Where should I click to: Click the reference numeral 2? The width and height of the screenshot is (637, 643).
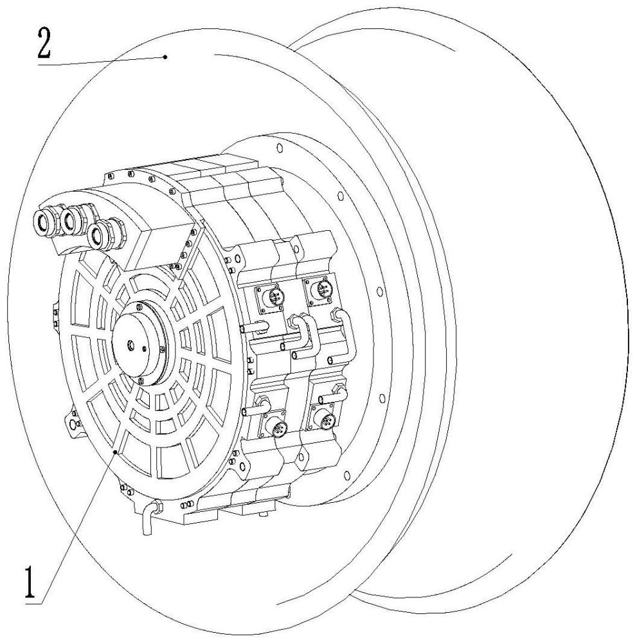point(44,44)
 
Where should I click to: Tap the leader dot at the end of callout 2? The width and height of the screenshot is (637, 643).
point(165,57)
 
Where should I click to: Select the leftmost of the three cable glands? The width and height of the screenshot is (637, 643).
point(46,222)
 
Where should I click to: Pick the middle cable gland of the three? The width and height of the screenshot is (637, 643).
point(73,220)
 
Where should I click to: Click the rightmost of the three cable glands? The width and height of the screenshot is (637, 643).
point(100,236)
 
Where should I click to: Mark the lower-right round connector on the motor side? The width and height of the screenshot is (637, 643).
point(325,420)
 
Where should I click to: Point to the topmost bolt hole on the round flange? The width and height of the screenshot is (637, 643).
point(280,148)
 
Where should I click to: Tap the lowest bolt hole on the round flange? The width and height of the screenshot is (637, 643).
point(347,476)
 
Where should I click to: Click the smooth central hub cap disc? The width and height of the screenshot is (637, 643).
point(138,343)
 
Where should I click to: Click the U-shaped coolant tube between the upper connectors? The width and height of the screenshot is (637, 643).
point(303,334)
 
